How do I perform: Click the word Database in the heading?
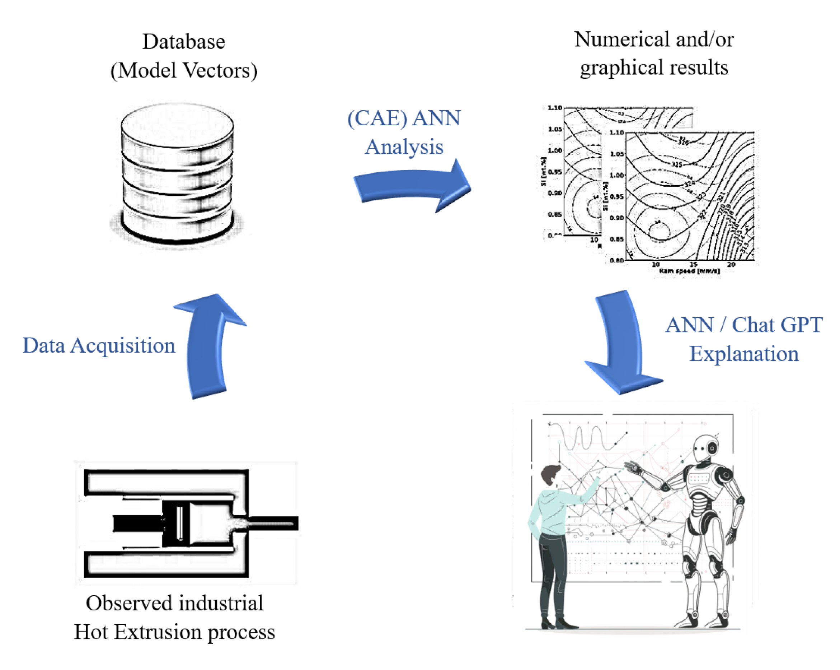pyautogui.click(x=183, y=41)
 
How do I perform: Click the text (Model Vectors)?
pyautogui.click(x=183, y=70)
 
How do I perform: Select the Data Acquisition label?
pyautogui.click(x=99, y=345)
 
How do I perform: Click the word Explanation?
pyautogui.click(x=744, y=354)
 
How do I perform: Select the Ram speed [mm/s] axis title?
pyautogui.click(x=689, y=271)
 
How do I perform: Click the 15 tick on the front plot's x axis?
pyautogui.click(x=693, y=265)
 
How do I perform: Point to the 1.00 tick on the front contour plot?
pyautogui.click(x=616, y=175)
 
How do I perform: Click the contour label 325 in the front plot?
pyautogui.click(x=677, y=164)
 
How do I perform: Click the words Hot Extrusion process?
pyautogui.click(x=174, y=632)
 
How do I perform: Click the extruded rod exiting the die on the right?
pyautogui.click(x=273, y=523)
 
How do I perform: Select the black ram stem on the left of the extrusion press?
pyautogui.click(x=136, y=523)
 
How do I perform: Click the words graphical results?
pyautogui.click(x=654, y=68)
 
